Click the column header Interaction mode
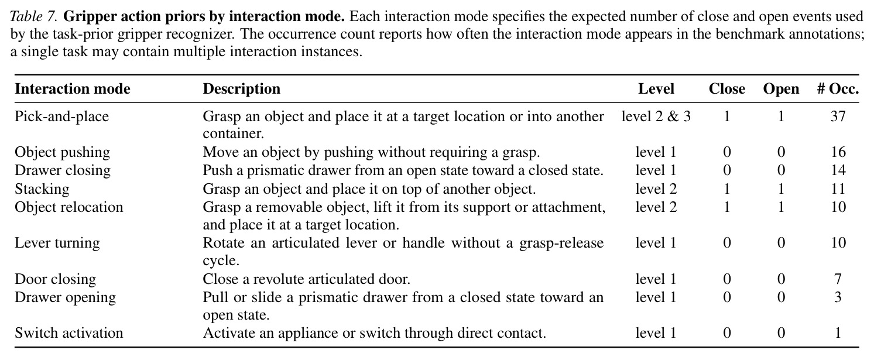point(73,89)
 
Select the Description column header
point(242,89)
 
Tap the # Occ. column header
point(838,89)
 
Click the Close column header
point(727,89)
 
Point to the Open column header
point(781,90)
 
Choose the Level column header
point(656,89)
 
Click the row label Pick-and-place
point(61,116)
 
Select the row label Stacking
point(42,189)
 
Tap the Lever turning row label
point(57,243)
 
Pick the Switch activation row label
point(69,332)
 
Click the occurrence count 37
point(838,116)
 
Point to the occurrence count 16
point(838,152)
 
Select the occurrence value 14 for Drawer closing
point(838,170)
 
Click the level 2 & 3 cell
point(656,116)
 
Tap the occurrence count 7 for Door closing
point(838,279)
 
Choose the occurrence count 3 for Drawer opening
point(838,297)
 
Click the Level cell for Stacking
point(656,188)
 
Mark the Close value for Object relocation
point(727,207)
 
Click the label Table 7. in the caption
point(34,16)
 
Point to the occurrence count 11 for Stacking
point(838,188)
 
